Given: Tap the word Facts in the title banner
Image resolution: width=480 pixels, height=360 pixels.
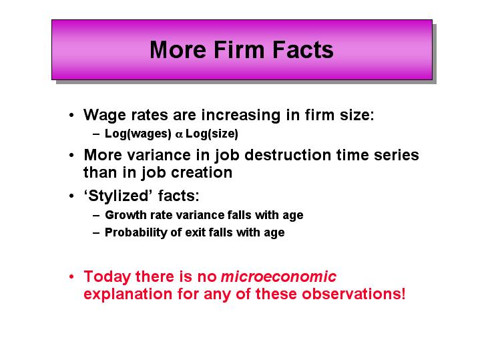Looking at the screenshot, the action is click(x=303, y=50).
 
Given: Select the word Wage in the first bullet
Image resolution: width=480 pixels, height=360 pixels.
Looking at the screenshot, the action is click(x=104, y=116).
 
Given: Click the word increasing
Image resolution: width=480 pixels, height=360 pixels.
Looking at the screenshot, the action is click(x=240, y=116).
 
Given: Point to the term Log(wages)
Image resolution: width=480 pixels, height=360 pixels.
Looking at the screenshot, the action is click(x=138, y=134).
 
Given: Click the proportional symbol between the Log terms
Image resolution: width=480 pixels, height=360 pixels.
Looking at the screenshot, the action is click(x=179, y=134).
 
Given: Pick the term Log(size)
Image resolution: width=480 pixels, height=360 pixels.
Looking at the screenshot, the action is click(x=212, y=134).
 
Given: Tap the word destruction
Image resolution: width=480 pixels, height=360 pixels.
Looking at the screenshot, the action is click(x=288, y=155).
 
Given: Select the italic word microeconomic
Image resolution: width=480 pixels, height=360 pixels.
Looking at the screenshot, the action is click(x=278, y=277).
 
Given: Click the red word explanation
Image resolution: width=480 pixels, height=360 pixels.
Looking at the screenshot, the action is click(x=128, y=295).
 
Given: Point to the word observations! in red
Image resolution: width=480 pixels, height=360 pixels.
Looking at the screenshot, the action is click(x=353, y=294).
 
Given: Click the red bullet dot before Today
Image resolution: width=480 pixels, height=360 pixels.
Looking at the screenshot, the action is click(x=71, y=277).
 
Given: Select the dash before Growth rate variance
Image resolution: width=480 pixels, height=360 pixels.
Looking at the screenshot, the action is click(x=96, y=215).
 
